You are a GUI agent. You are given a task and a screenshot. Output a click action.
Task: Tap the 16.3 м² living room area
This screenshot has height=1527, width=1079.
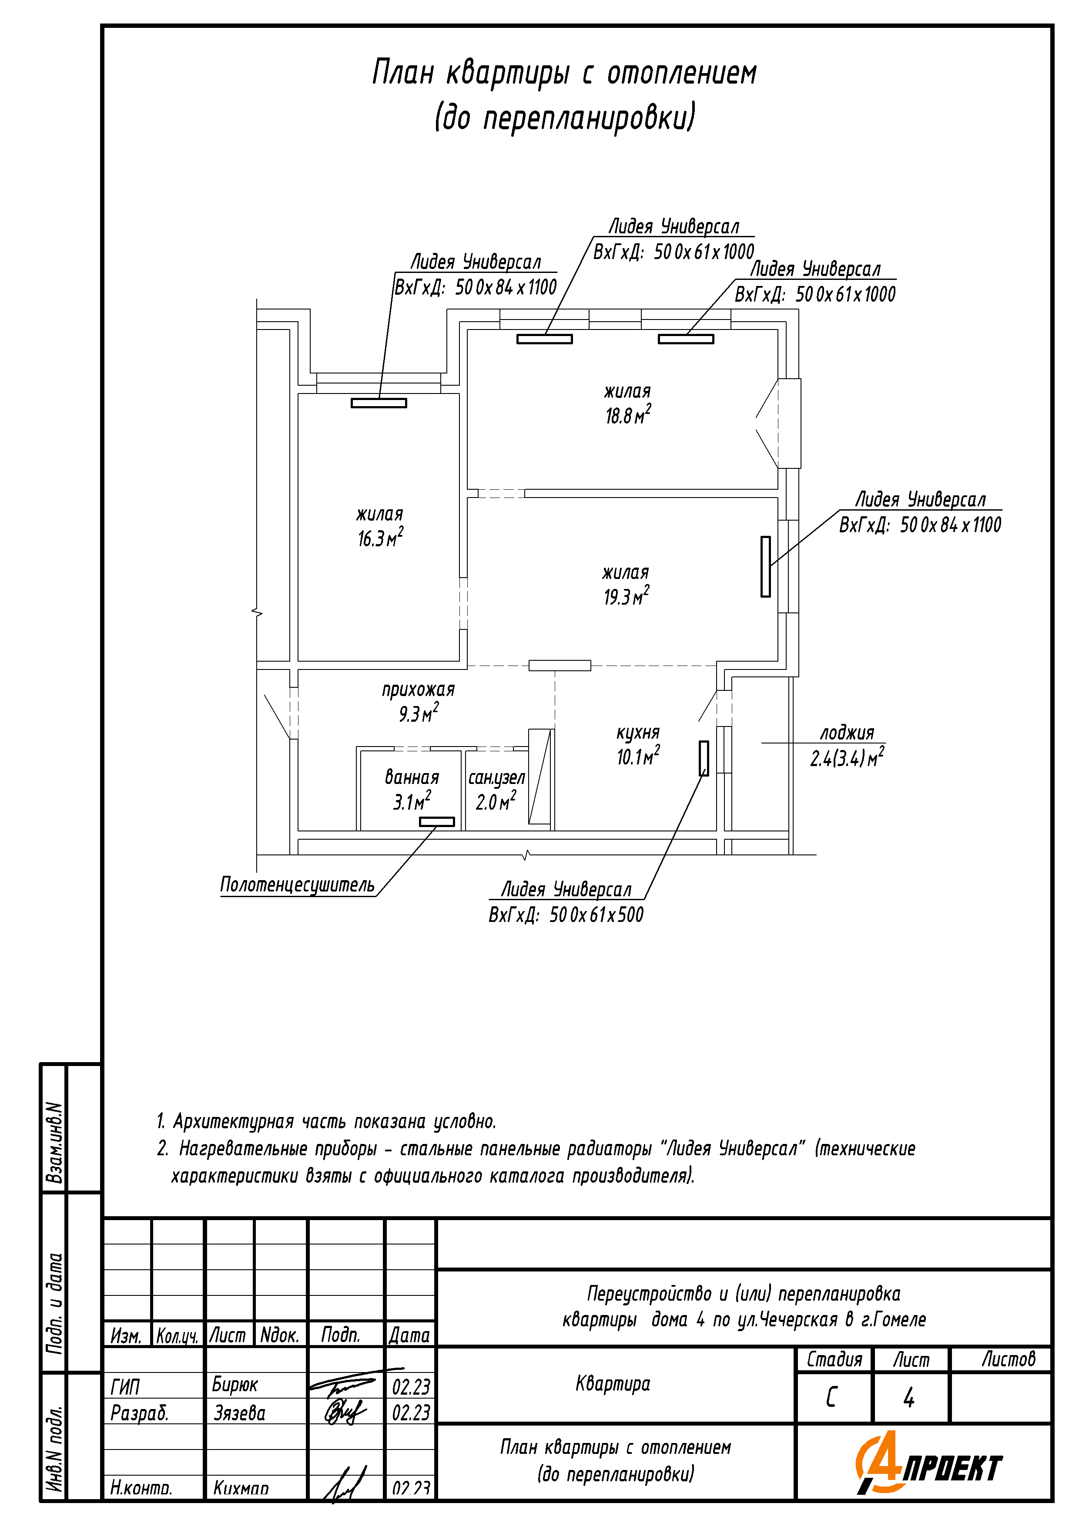[380, 538]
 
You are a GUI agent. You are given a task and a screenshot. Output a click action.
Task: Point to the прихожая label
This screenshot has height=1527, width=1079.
[418, 690]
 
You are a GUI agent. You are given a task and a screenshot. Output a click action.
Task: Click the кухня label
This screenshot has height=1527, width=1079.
[637, 732]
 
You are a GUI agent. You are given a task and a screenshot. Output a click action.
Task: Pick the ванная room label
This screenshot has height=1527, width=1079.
[412, 777]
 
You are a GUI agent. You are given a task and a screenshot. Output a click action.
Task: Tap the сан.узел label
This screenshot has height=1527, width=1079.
[496, 777]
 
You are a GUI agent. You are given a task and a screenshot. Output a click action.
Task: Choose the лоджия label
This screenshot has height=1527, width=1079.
[846, 733]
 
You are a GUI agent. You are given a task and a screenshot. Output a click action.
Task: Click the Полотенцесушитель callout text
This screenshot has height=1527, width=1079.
[297, 885]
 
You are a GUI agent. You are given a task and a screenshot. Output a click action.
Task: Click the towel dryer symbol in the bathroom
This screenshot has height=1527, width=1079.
[437, 822]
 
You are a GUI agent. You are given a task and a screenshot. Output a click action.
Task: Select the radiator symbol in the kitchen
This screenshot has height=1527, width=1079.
[704, 758]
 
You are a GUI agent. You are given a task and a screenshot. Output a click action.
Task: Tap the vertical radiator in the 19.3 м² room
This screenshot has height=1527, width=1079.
[765, 567]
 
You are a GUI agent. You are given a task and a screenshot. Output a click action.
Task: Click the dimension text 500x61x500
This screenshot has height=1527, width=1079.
[596, 915]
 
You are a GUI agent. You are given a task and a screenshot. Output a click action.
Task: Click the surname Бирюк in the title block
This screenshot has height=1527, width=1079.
[235, 1385]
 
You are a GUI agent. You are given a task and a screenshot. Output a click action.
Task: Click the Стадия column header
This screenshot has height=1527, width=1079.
[834, 1359]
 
